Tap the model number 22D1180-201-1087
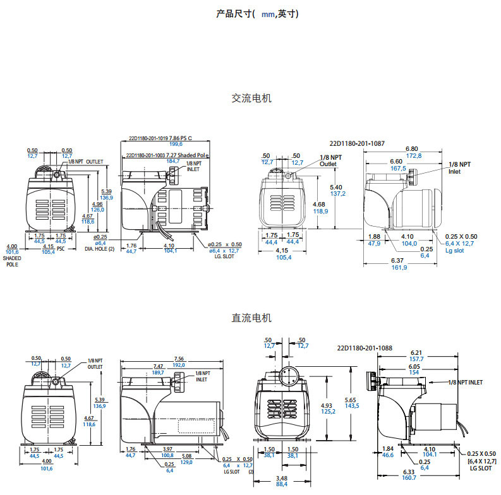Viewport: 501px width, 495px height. (x=358, y=143)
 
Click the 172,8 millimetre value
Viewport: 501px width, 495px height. (x=413, y=155)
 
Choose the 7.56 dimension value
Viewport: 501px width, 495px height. (x=180, y=359)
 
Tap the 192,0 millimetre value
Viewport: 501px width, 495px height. (x=180, y=366)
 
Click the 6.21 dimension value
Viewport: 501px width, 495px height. (x=417, y=352)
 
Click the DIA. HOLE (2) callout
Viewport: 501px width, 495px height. (x=100, y=249)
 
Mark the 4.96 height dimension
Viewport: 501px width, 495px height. (x=97, y=205)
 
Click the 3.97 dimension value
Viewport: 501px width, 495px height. (x=167, y=448)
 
